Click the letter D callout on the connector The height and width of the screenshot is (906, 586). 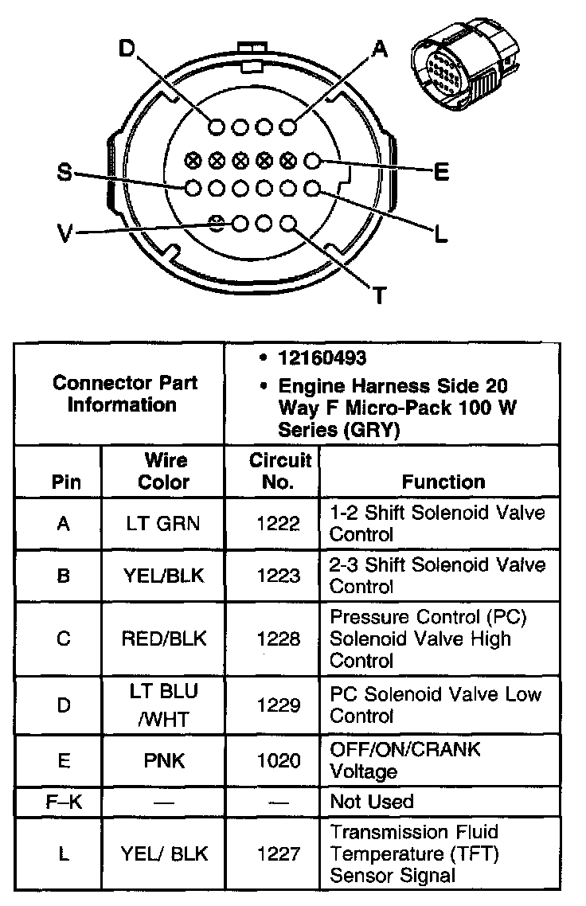pos(127,49)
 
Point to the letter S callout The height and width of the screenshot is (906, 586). pos(65,172)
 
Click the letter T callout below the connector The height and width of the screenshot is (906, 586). pos(379,297)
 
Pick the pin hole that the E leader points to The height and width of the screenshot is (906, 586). pos(312,162)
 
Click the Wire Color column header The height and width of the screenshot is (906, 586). pos(164,471)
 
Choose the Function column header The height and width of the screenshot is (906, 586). pos(443,482)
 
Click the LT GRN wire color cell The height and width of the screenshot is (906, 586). pos(164,523)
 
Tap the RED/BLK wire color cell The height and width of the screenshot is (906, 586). pos(164,638)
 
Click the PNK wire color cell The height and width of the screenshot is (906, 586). pos(164,761)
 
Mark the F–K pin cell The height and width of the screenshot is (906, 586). pos(63,802)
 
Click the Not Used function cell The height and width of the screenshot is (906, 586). pos(372,802)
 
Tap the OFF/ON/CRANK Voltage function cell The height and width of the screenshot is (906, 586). pos(405,761)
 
